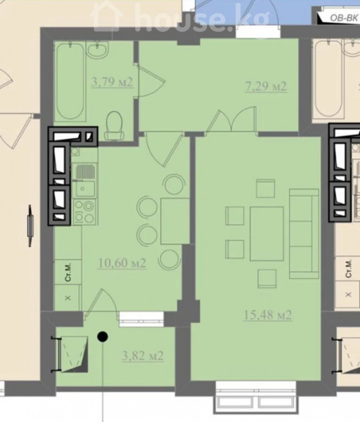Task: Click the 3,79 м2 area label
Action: point(112,82)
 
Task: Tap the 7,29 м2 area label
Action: point(266,86)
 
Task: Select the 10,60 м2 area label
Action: point(122,263)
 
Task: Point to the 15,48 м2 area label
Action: point(268,315)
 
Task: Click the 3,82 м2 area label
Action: point(143,356)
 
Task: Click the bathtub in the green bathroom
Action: point(70,81)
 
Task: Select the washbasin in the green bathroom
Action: point(98,50)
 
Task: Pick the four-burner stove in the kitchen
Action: point(84,212)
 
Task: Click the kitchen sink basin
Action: point(85,188)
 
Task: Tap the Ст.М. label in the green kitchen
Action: point(69,272)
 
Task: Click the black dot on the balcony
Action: point(102,336)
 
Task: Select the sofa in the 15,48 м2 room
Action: point(304,234)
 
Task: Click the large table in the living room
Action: point(267,234)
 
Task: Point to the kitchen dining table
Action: point(175,221)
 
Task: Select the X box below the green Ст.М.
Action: point(68,298)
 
